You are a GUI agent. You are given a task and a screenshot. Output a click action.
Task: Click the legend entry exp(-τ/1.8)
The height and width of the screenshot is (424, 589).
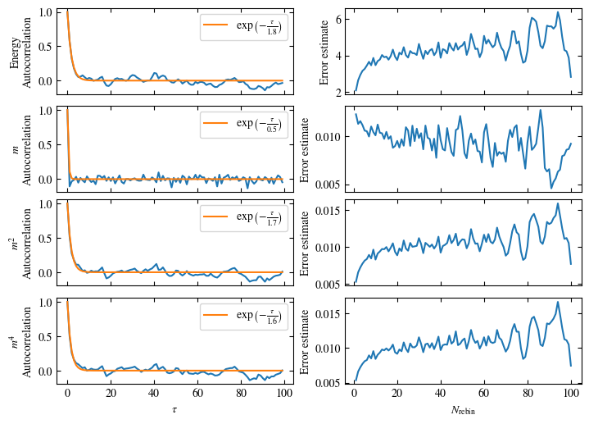point(242,28)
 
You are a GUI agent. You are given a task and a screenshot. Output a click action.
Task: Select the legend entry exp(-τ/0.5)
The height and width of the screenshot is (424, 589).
point(242,124)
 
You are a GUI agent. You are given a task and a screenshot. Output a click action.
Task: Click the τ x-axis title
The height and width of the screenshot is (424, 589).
point(174,408)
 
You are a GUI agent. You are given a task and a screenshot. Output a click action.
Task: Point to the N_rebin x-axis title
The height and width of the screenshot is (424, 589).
point(463,409)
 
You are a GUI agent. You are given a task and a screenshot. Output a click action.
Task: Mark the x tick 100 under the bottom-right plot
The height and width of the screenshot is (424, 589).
point(571,394)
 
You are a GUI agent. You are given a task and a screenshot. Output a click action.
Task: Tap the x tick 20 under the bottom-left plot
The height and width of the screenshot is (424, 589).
point(111,394)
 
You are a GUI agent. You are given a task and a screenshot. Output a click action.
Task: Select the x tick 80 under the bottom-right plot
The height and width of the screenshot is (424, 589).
point(528,394)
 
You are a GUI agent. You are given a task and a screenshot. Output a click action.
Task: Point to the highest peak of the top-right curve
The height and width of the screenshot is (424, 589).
point(557,12)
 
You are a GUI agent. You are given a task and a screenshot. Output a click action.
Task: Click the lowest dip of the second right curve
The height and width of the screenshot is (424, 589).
point(551,188)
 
